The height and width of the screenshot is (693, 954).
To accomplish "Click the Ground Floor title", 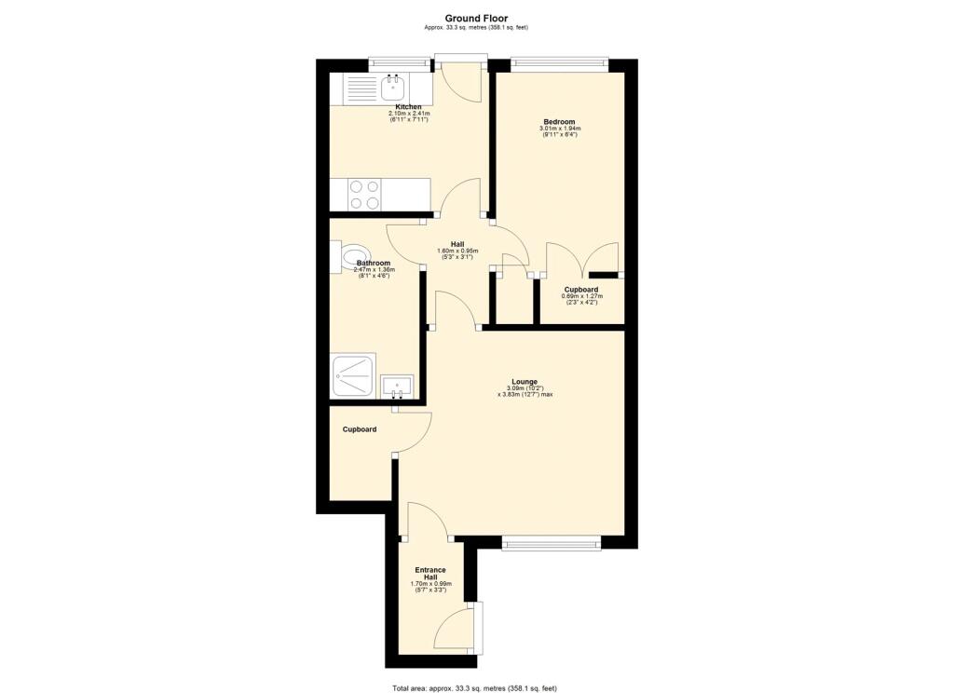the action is tap(476, 19).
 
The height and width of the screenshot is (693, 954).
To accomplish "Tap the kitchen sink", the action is tap(393, 88).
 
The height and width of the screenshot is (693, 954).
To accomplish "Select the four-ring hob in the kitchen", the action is tap(364, 195).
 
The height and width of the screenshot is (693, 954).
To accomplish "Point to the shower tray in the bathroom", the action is tap(353, 376).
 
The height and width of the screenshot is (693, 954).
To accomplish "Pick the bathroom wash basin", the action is tap(397, 387).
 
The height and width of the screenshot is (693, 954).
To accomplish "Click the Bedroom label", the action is tap(559, 122).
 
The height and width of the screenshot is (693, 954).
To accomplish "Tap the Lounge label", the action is tap(525, 382).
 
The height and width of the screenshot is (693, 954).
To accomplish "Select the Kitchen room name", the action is tap(408, 107).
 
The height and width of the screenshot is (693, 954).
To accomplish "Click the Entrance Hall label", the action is tap(430, 574).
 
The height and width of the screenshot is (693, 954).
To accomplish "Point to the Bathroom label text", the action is tap(374, 264).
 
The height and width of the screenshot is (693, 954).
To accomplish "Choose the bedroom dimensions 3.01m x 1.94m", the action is tap(560, 129).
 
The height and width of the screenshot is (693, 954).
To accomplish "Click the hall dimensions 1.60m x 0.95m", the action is tap(457, 251).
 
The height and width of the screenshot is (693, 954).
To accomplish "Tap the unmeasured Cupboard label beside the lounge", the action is tap(360, 429).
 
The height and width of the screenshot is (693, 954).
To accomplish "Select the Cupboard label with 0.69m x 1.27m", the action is tap(581, 290).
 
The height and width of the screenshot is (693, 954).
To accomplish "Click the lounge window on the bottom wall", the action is tap(552, 543).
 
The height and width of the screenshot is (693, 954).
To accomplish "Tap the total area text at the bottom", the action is tap(474, 688).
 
